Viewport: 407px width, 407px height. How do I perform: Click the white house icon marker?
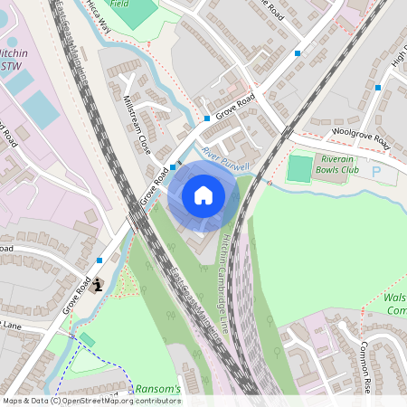tap(203, 194)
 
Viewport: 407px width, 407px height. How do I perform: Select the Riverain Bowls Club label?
tap(339, 164)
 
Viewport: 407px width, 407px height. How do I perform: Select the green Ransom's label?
tap(158, 388)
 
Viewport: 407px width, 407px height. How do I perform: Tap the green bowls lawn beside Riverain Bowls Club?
tap(299, 168)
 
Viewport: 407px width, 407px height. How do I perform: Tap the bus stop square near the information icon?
tap(99, 260)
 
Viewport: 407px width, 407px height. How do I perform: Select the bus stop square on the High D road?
tap(378, 88)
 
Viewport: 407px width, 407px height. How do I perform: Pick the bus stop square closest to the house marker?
tap(173, 167)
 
